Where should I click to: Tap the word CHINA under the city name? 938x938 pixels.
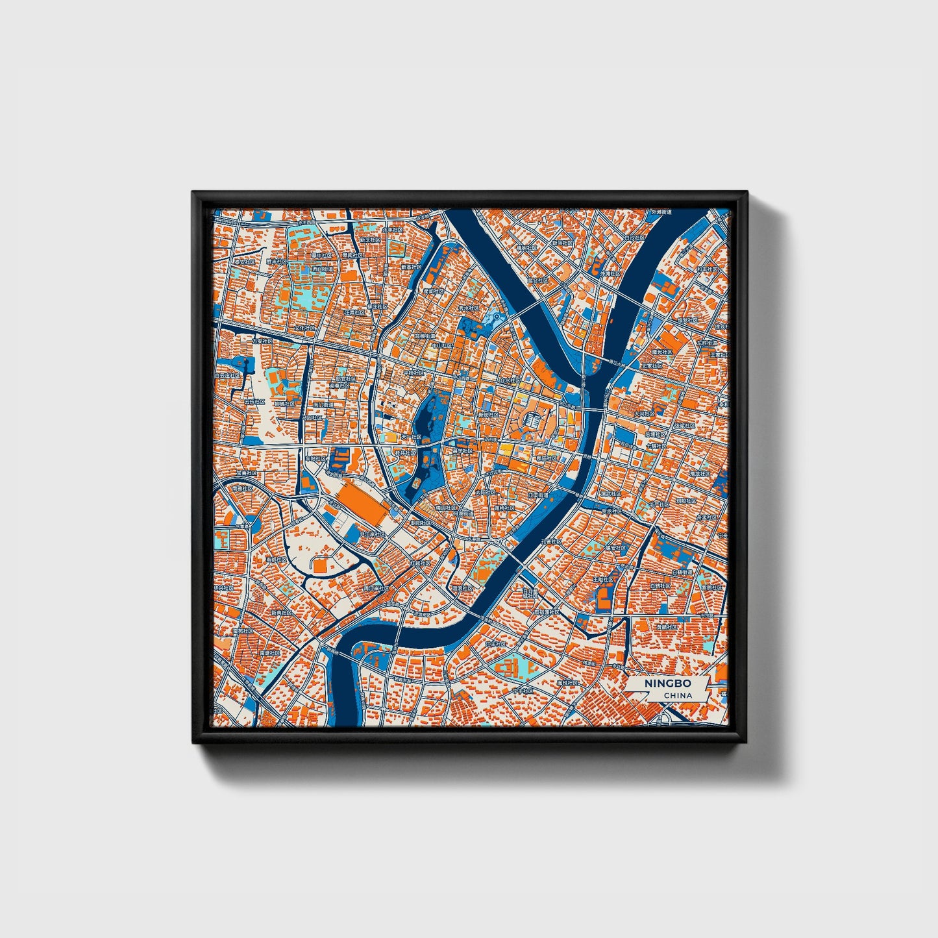click(x=678, y=695)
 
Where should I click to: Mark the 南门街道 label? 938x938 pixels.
click(x=323, y=405)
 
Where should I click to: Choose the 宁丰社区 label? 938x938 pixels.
click(x=523, y=691)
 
